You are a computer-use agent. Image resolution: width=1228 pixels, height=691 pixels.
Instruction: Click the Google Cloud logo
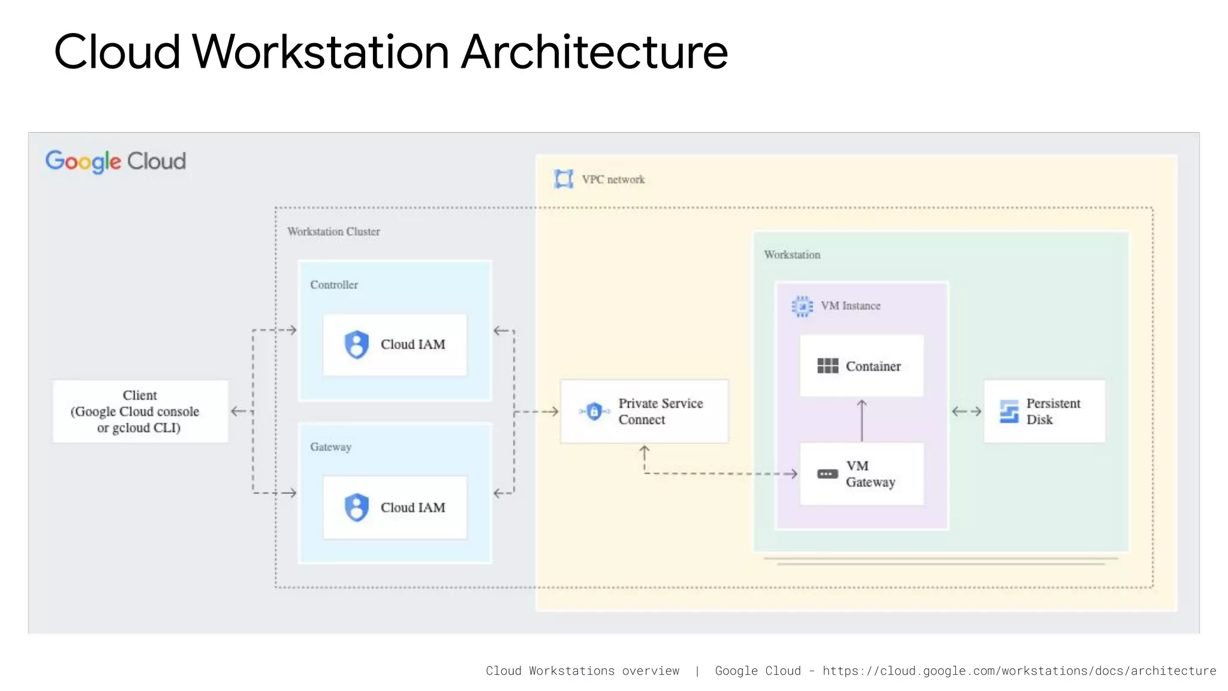click(x=116, y=161)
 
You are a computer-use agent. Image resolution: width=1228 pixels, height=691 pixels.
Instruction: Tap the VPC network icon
click(x=564, y=179)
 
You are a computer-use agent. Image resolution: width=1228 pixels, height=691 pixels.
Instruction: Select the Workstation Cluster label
click(x=333, y=232)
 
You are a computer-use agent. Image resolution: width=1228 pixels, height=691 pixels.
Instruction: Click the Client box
click(x=140, y=411)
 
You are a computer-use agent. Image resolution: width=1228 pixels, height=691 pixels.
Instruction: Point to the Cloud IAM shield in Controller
click(x=357, y=345)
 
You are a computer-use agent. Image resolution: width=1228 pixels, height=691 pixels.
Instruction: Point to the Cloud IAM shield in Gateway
click(x=357, y=507)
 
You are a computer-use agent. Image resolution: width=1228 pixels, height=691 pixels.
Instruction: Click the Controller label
click(x=334, y=285)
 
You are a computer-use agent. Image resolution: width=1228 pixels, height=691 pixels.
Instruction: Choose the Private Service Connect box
click(x=644, y=411)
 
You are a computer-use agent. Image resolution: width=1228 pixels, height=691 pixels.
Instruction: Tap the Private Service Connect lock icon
click(x=594, y=411)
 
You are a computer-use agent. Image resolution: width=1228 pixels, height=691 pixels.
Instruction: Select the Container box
click(x=862, y=366)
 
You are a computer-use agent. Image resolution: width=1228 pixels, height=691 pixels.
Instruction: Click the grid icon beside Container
click(x=828, y=366)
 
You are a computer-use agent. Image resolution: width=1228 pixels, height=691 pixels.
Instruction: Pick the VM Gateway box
click(x=862, y=474)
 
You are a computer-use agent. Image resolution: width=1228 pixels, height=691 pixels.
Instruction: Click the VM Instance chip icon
click(x=802, y=306)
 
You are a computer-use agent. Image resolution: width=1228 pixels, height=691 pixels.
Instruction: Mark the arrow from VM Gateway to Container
click(x=862, y=420)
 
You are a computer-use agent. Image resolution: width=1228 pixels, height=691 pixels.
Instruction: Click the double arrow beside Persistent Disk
click(x=967, y=411)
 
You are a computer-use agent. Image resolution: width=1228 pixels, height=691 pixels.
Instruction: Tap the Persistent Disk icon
click(x=1009, y=411)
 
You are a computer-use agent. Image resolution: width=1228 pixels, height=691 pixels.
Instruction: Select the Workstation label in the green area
click(x=792, y=255)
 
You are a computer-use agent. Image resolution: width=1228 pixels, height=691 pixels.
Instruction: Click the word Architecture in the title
click(x=594, y=52)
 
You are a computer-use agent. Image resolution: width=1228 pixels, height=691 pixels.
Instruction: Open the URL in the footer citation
click(x=1019, y=671)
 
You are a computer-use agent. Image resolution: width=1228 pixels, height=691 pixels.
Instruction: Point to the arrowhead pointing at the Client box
click(x=236, y=411)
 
